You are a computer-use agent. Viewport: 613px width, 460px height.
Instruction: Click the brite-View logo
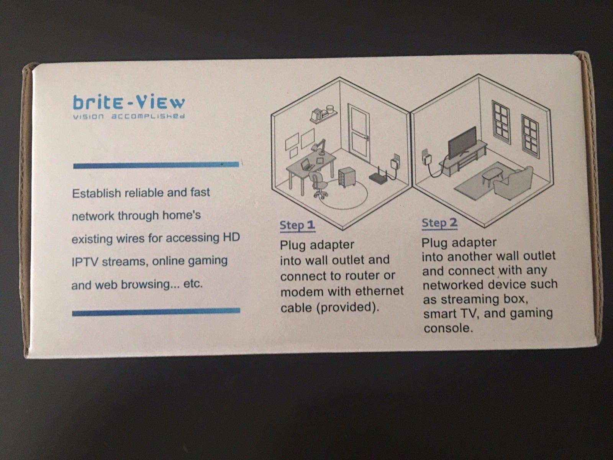point(129,102)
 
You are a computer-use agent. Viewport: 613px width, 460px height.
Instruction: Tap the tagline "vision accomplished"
point(129,116)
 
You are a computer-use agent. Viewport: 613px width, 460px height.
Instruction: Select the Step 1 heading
point(297,225)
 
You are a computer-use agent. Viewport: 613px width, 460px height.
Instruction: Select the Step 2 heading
point(439,223)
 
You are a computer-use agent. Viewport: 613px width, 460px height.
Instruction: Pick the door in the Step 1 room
point(359,131)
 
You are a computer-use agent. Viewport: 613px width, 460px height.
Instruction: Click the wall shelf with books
point(323,113)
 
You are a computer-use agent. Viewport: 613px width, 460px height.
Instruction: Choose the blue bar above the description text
point(156,165)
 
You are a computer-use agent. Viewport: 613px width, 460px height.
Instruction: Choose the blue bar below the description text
point(156,312)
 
